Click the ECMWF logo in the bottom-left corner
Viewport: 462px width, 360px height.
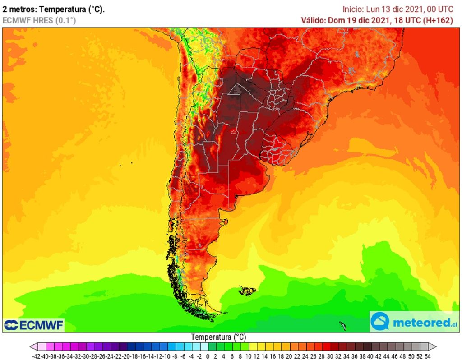coord(34,325)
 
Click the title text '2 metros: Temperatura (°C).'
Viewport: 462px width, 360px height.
coord(54,9)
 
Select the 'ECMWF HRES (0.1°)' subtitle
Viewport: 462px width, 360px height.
coord(39,20)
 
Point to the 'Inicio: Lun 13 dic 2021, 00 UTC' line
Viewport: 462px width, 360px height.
coord(397,9)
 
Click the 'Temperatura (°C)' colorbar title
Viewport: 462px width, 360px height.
coord(218,337)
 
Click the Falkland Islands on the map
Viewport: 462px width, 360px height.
coord(247,291)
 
